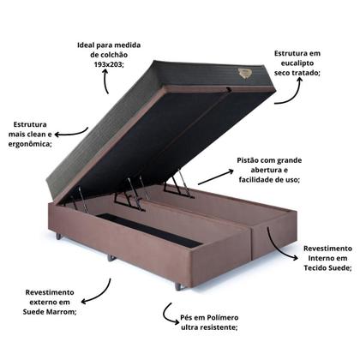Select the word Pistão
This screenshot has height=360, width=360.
[x=249, y=159]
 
